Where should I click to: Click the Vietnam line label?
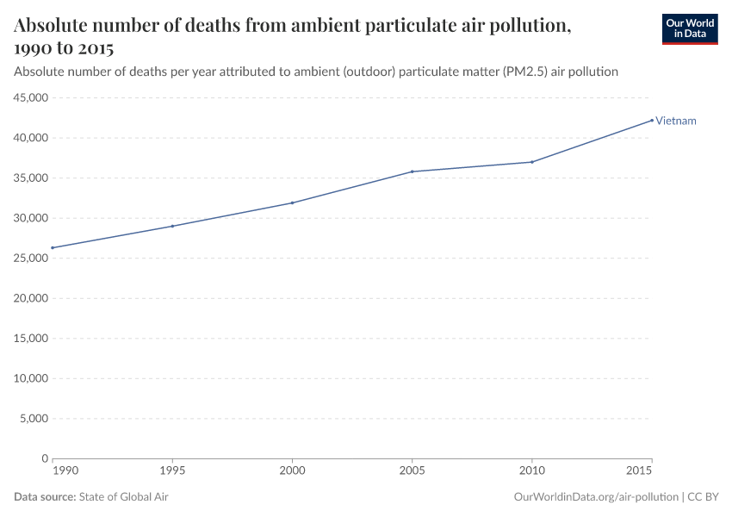pyautogui.click(x=676, y=121)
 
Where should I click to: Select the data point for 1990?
pyautogui.click(x=53, y=248)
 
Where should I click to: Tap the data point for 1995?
pyautogui.click(x=172, y=226)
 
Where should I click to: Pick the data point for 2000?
pyautogui.click(x=292, y=202)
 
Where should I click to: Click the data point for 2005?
pyautogui.click(x=413, y=171)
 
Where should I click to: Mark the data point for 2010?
pyautogui.click(x=532, y=162)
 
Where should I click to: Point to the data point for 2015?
pyautogui.click(x=652, y=120)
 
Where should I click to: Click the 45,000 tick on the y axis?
pyautogui.click(x=30, y=98)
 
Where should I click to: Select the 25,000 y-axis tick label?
pyautogui.click(x=30, y=258)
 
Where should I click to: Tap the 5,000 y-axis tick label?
pyautogui.click(x=33, y=419)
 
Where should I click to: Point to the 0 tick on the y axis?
pyautogui.click(x=44, y=458)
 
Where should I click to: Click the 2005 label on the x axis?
pyautogui.click(x=413, y=471)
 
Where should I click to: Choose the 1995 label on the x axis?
pyautogui.click(x=172, y=471)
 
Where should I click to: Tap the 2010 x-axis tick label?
pyautogui.click(x=532, y=471)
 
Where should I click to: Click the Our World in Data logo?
pyautogui.click(x=689, y=28)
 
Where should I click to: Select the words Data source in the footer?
pyautogui.click(x=45, y=497)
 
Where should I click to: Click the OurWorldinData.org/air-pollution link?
pyautogui.click(x=595, y=497)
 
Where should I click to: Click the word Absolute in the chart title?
pyautogui.click(x=54, y=26)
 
